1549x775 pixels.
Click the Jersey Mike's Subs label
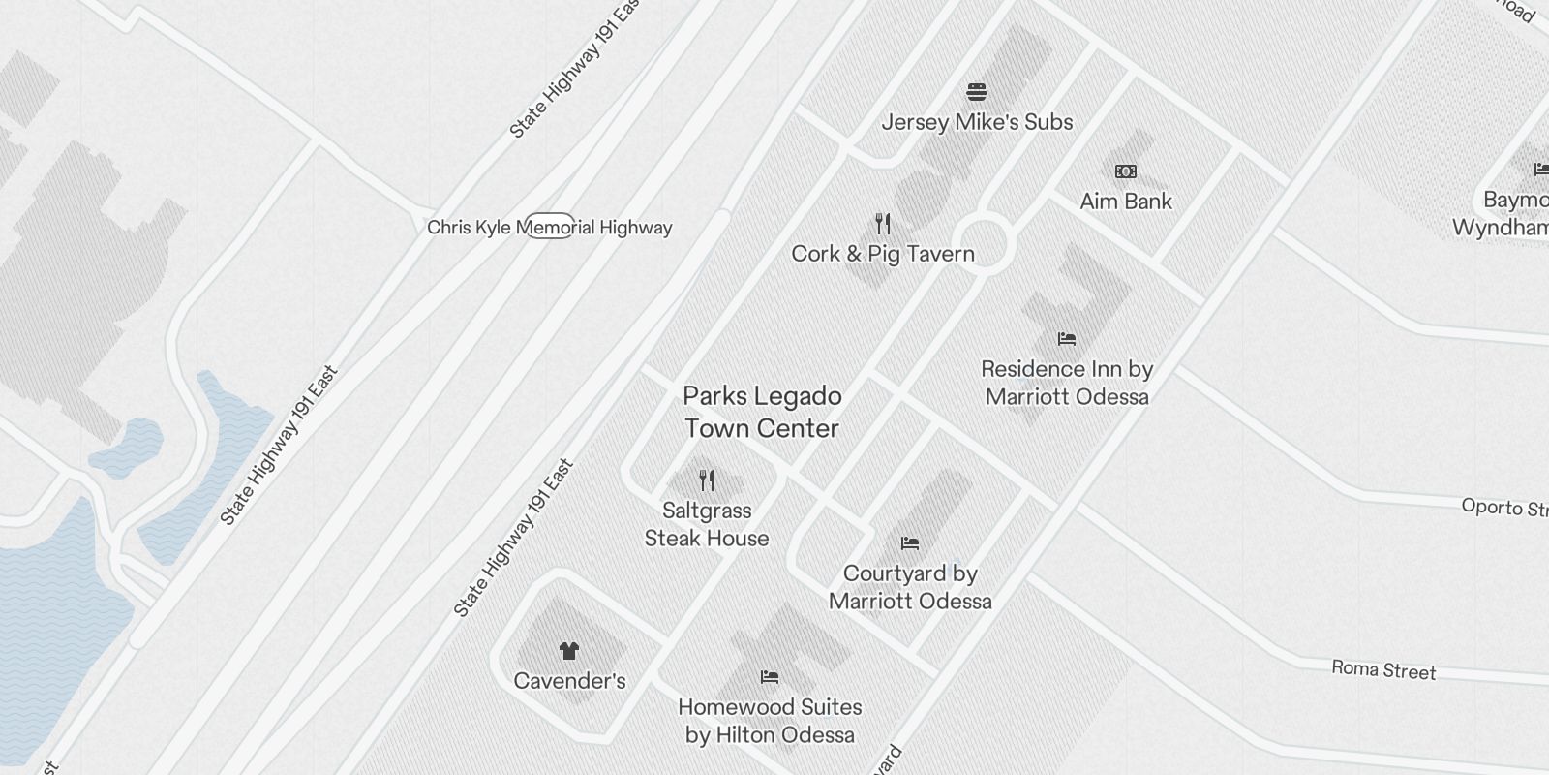977,122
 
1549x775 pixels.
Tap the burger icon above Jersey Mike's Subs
977,93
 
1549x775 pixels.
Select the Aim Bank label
1126,201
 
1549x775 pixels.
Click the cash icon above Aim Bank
1126,171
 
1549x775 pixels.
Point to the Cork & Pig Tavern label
883,254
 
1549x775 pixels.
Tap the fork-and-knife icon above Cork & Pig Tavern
882,224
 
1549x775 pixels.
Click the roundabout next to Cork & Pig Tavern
983,245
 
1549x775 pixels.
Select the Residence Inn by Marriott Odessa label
1067,383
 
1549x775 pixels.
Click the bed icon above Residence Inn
1067,339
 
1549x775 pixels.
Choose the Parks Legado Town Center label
762,412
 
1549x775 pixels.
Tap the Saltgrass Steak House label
707,524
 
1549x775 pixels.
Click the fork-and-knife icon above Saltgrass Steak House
707,480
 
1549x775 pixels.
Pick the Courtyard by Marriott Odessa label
910,587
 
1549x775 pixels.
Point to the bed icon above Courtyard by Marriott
910,543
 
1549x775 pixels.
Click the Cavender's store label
569,681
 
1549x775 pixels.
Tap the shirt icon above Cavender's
568,650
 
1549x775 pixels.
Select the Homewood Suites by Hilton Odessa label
770,721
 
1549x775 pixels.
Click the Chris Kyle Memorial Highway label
549,228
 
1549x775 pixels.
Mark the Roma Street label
1383,669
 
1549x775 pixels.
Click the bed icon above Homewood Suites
770,676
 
